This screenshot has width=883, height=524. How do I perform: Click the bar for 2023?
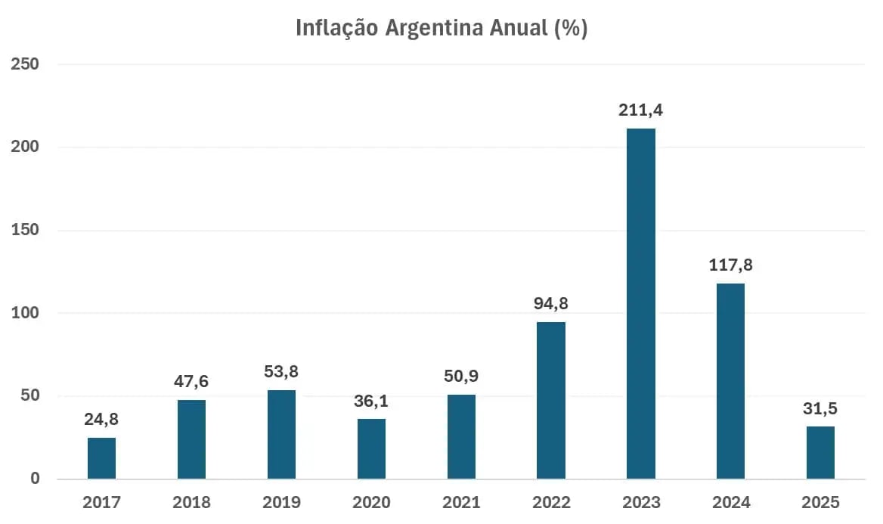click(x=640, y=303)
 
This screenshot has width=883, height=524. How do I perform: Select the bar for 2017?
click(x=101, y=458)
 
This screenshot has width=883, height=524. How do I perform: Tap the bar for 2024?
click(x=730, y=381)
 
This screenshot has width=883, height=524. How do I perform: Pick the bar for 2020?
click(x=371, y=448)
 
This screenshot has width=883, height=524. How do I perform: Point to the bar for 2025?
click(x=820, y=452)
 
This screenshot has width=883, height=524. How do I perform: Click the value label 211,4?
click(x=640, y=110)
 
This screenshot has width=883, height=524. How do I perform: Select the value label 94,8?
click(x=551, y=304)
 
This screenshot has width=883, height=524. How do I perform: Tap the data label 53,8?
click(x=281, y=372)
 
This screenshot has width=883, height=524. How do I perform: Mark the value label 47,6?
click(x=191, y=382)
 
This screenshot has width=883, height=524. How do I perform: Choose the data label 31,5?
click(x=820, y=409)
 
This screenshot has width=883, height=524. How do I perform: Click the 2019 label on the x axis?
click(x=281, y=502)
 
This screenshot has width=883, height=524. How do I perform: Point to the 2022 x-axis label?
click(x=551, y=502)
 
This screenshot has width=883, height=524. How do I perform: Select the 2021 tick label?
click(x=461, y=502)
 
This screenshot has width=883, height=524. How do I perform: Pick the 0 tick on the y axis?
click(x=35, y=479)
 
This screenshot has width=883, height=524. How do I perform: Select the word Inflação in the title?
click(x=336, y=29)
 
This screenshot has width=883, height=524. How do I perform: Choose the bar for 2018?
click(x=191, y=439)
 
